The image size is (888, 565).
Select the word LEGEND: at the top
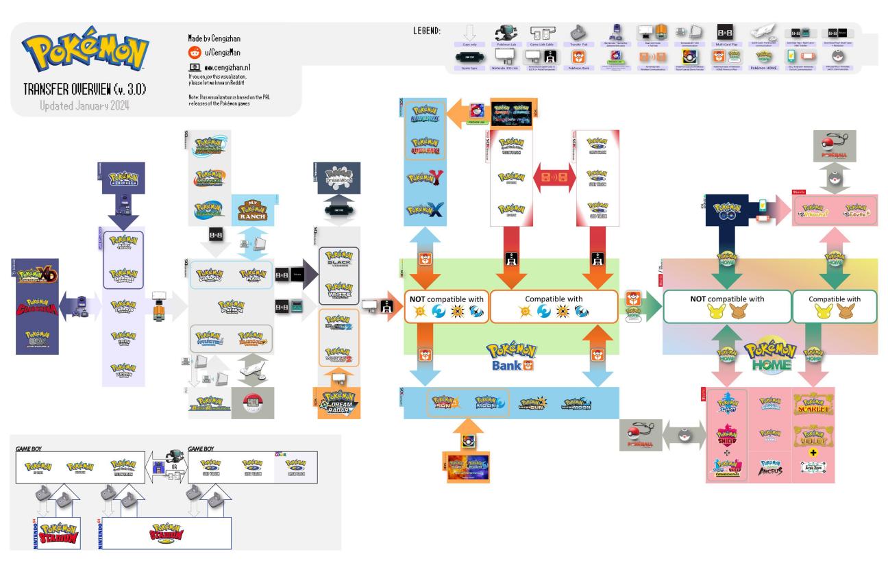click(428, 31)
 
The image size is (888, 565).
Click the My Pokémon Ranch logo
click(251, 210)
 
